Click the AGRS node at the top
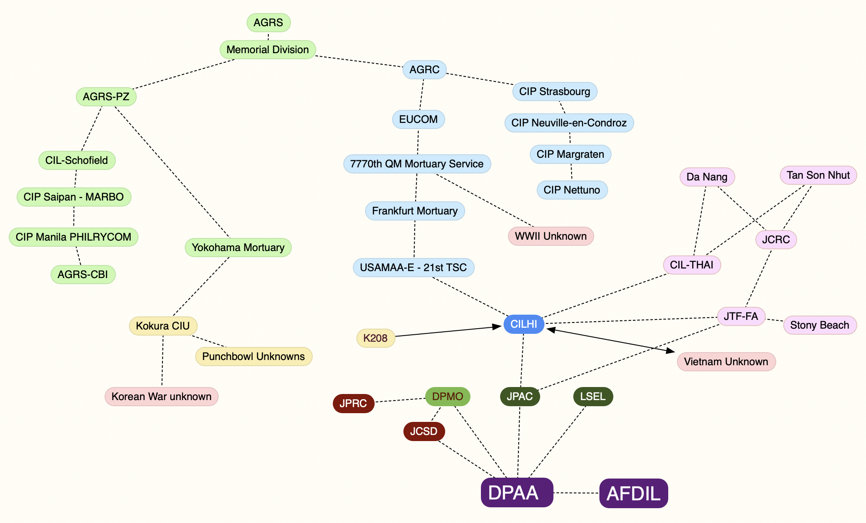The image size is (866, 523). click(268, 23)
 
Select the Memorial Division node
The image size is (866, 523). click(267, 50)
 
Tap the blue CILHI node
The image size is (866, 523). click(524, 324)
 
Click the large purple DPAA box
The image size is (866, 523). click(517, 492)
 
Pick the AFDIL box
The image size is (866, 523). click(633, 493)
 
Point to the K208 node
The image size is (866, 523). click(375, 338)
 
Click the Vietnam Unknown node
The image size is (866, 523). click(726, 362)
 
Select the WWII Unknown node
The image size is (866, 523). click(551, 236)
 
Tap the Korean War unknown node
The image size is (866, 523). click(161, 397)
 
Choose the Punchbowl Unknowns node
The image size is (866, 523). click(254, 357)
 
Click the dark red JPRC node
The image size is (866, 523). click(353, 404)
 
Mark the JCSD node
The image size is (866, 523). click(424, 431)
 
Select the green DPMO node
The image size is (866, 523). click(447, 397)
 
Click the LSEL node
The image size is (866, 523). click(593, 397)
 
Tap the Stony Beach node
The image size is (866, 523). click(820, 325)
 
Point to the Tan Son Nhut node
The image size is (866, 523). click(818, 175)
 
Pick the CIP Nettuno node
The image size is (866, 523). click(572, 190)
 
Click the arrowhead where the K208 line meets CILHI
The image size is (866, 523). click(496, 327)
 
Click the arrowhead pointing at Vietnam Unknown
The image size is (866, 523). click(670, 350)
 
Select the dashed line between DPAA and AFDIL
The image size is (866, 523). click(576, 493)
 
